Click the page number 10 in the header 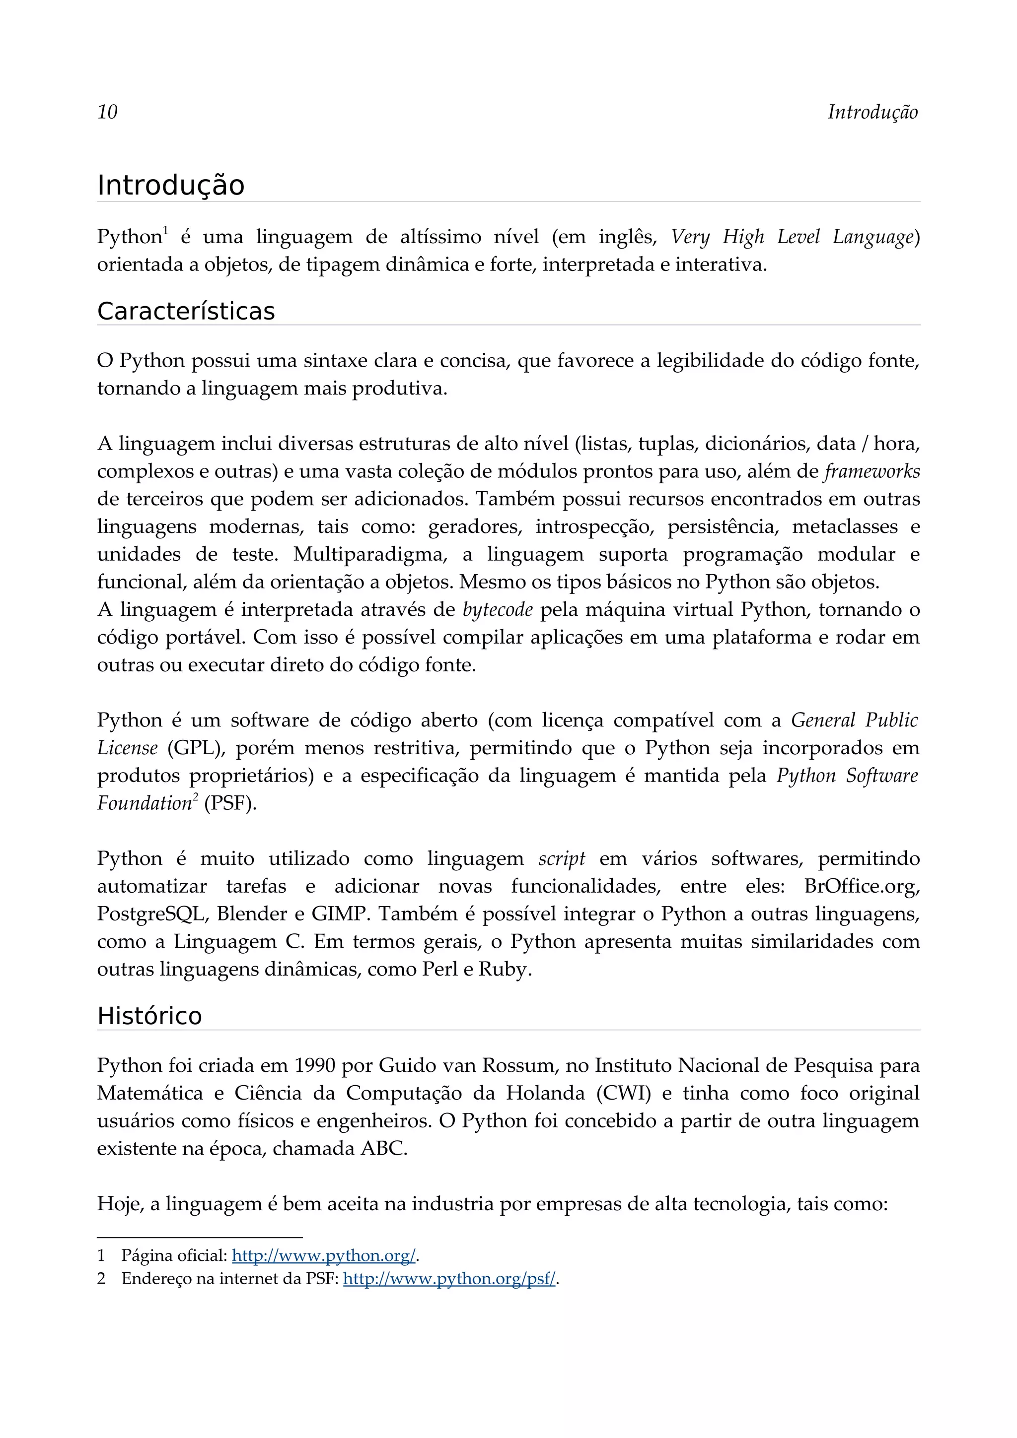(x=107, y=112)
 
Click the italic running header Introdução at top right (x=872, y=112)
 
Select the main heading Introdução (x=170, y=186)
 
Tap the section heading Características (x=186, y=311)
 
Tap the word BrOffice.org (x=862, y=887)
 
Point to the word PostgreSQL (x=151, y=915)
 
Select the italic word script (x=562, y=858)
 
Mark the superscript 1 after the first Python (x=165, y=231)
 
